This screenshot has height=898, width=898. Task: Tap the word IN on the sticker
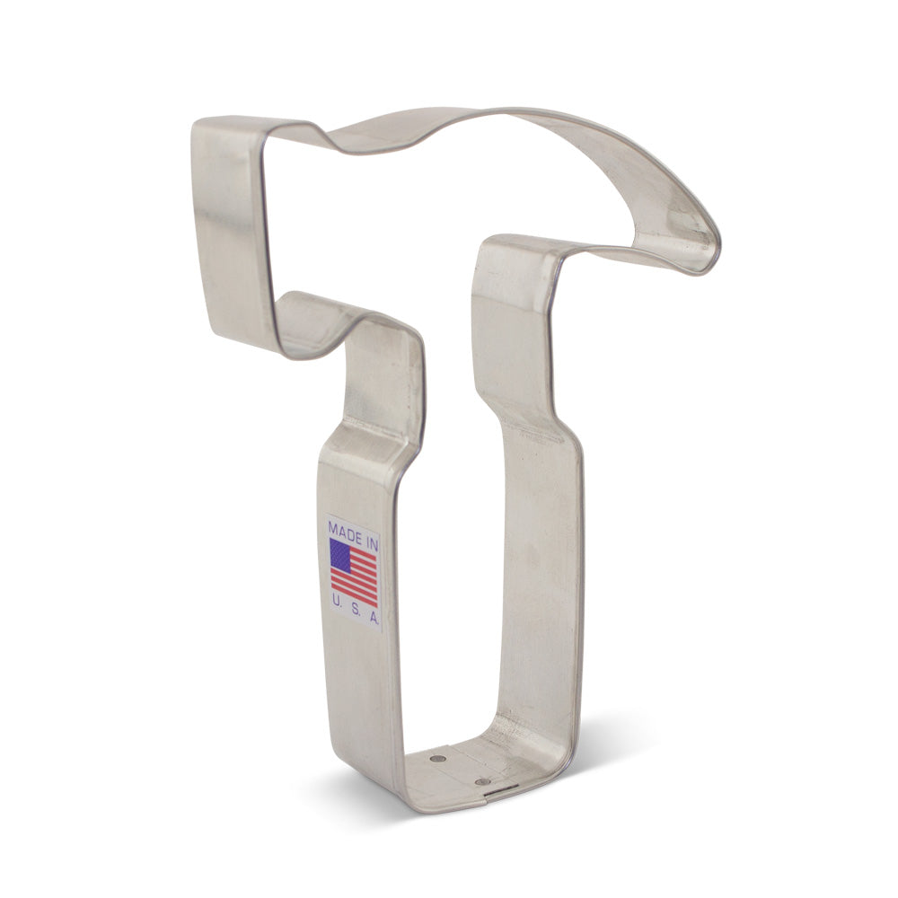[367, 533]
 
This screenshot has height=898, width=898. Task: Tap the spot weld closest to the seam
[487, 781]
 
